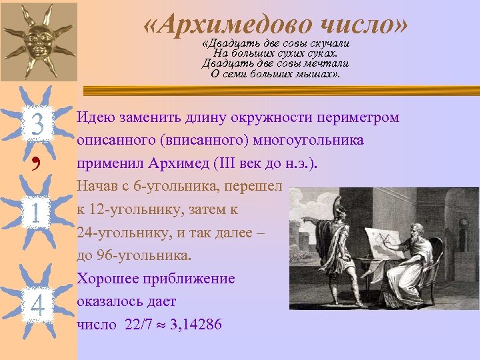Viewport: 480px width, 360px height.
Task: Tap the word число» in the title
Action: (x=364, y=25)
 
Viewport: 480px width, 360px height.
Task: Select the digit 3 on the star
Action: (x=37, y=125)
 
